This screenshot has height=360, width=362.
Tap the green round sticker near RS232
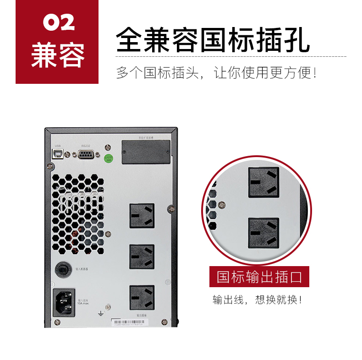pos(109,159)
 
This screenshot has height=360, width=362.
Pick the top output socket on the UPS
pos(142,216)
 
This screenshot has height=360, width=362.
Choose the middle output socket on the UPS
pos(142,256)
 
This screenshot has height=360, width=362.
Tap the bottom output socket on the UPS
pos(142,297)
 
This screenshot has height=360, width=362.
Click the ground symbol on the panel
pos(100,313)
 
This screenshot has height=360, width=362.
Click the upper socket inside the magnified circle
pos(263,182)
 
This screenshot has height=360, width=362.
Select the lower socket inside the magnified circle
pos(263,233)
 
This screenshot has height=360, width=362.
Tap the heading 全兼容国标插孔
pos(213,40)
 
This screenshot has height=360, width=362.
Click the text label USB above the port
pos(57,146)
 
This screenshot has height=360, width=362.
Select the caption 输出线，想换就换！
pos(258,300)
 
